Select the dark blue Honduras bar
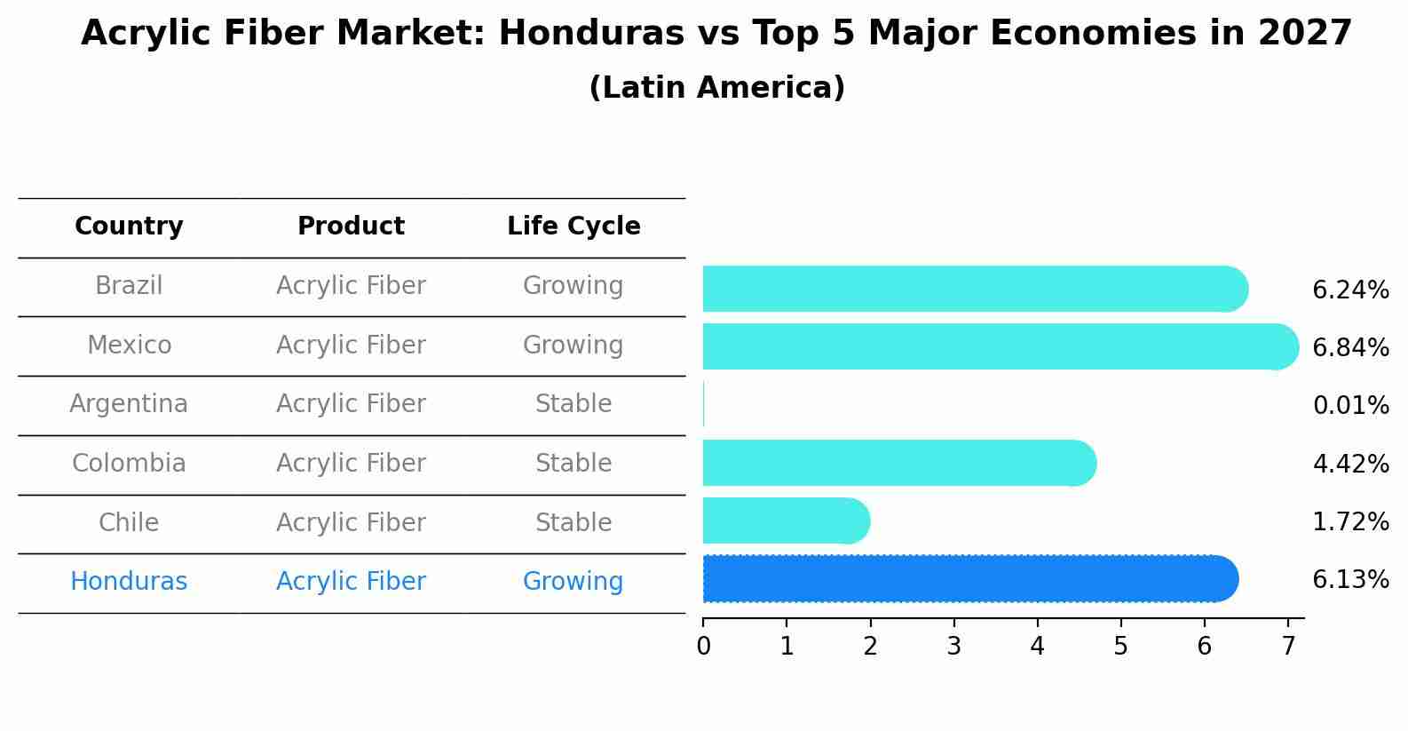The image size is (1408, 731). click(x=968, y=579)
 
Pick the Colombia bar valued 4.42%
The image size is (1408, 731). click(x=897, y=463)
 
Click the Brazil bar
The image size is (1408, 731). click(x=972, y=289)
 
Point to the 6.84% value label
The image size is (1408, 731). click(x=1350, y=348)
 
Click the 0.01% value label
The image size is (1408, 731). click(x=1350, y=406)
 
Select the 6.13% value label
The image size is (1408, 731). click(x=1350, y=580)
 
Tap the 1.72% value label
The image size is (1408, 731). click(x=1350, y=522)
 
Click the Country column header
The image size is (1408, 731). click(x=129, y=226)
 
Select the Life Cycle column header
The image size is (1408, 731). click(x=573, y=226)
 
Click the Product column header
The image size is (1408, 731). click(x=351, y=226)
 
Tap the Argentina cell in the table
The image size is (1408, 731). click(x=129, y=404)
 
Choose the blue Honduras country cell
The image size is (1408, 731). click(x=129, y=582)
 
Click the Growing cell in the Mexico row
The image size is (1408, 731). click(x=573, y=345)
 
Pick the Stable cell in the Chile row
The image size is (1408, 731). click(x=573, y=522)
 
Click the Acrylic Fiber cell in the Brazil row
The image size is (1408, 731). click(x=351, y=286)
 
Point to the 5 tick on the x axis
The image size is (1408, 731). click(x=1120, y=646)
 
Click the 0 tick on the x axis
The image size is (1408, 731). click(x=703, y=646)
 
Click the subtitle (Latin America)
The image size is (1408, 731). click(x=716, y=88)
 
